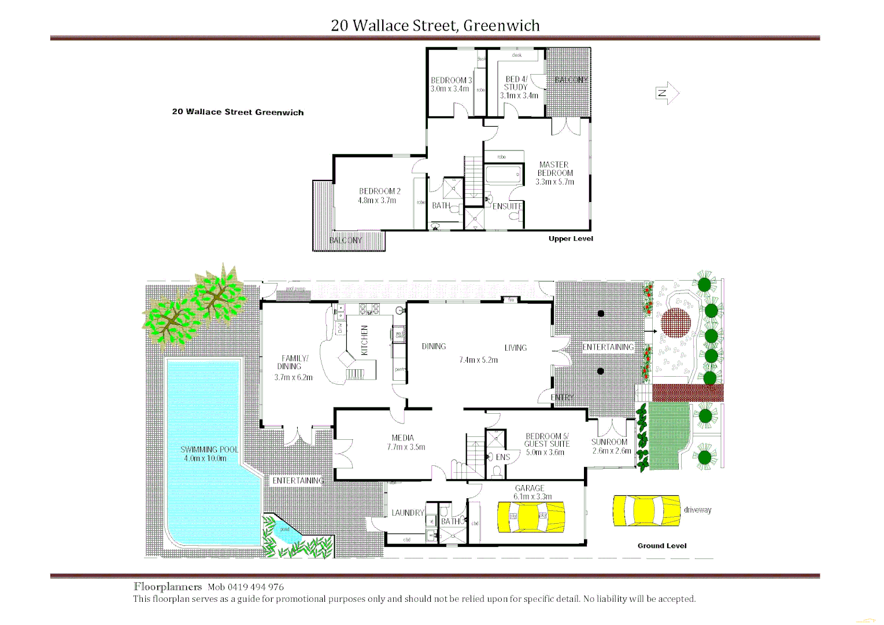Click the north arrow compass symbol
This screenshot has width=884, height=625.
[667, 93]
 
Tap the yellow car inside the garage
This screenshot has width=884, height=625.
[531, 516]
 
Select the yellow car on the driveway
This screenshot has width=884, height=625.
[646, 510]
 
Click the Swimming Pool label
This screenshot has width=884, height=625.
[209, 450]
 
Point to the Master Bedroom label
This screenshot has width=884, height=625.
[555, 169]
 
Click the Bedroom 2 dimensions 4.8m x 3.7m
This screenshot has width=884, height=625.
[377, 201]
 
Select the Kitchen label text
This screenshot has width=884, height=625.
[364, 340]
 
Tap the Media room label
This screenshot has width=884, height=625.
[402, 438]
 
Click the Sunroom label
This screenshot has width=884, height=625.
[609, 442]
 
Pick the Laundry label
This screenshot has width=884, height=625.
[408, 513]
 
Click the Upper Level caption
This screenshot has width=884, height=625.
[571, 238]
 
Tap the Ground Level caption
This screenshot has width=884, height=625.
[662, 546]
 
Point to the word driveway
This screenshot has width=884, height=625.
[697, 510]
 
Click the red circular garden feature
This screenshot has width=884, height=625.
[676, 322]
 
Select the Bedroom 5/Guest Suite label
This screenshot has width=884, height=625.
[547, 440]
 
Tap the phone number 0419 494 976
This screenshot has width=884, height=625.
[256, 587]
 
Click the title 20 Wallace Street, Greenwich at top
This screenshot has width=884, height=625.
[435, 25]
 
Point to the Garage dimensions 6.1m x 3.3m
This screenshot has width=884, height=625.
[532, 497]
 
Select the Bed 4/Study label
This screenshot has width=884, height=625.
[516, 83]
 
